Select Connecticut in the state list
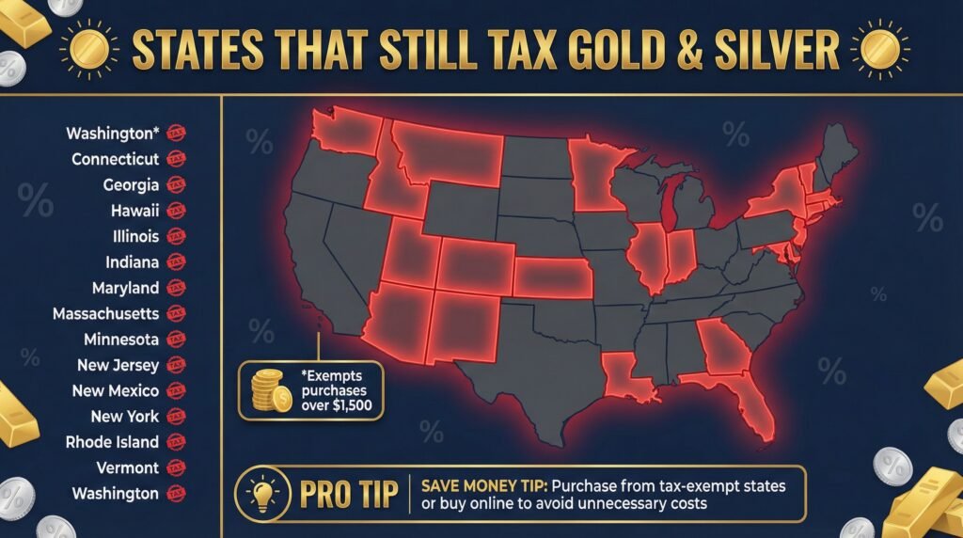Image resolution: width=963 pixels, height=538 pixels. click(x=115, y=159)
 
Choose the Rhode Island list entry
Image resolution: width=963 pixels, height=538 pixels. click(x=112, y=441)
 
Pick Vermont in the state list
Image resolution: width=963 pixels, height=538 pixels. click(x=127, y=467)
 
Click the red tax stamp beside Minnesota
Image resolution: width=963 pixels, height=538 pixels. click(x=175, y=340)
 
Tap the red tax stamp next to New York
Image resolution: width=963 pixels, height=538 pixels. click(x=175, y=416)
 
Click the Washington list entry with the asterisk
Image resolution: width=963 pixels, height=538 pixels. click(x=112, y=134)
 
